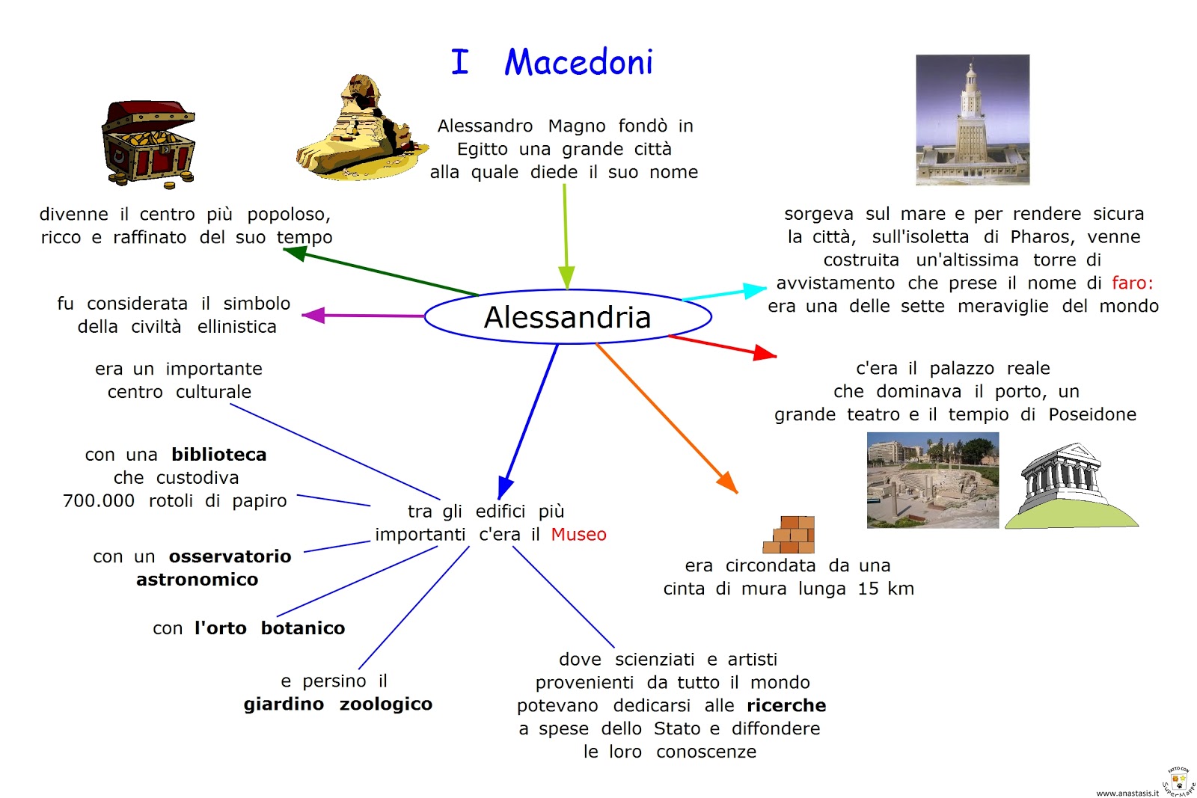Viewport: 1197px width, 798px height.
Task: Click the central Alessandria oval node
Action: click(567, 317)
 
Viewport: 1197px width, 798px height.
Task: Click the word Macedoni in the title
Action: click(578, 62)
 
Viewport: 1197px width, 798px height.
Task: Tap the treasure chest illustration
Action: click(148, 144)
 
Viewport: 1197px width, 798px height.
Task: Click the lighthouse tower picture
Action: click(972, 120)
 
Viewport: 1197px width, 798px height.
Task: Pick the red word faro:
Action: click(1132, 283)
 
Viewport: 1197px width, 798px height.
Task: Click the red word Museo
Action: click(578, 535)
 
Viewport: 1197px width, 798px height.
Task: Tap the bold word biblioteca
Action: click(218, 455)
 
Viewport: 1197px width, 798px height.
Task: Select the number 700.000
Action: click(99, 501)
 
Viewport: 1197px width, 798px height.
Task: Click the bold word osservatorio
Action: click(230, 556)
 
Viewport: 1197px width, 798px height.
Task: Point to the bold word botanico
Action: click(302, 628)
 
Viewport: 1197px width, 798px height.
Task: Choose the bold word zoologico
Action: click(385, 705)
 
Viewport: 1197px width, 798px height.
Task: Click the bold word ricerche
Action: click(786, 706)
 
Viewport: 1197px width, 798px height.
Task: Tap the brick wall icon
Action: click(789, 534)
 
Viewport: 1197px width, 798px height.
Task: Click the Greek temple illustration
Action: click(1070, 486)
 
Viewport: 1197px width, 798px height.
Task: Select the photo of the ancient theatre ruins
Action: click(932, 481)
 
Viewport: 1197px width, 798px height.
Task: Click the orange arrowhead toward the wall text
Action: click(727, 482)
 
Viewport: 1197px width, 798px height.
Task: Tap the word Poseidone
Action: click(1092, 415)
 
